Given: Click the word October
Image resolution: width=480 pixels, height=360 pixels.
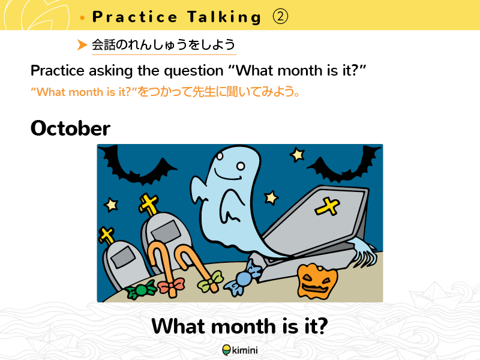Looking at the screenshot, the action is pyautogui.click(x=70, y=128).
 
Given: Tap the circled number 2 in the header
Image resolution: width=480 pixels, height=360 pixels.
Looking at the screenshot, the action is pyautogui.click(x=280, y=17).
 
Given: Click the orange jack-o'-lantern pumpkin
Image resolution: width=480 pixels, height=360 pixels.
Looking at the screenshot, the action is pyautogui.click(x=317, y=281).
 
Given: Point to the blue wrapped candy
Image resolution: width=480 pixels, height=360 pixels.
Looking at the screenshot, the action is pyautogui.click(x=243, y=278).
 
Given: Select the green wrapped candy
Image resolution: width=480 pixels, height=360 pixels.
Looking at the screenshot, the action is pyautogui.click(x=141, y=290).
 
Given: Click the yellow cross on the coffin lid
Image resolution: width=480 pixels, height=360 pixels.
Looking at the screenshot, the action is pyautogui.click(x=327, y=206).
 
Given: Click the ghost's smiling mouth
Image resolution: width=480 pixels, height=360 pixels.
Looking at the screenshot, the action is pyautogui.click(x=227, y=176).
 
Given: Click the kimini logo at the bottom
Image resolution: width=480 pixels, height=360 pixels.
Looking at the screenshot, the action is pyautogui.click(x=240, y=350).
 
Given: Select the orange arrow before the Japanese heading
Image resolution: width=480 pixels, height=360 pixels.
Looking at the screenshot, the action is pyautogui.click(x=82, y=44).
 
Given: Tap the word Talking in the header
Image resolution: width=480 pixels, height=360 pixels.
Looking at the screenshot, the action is pyautogui.click(x=224, y=17).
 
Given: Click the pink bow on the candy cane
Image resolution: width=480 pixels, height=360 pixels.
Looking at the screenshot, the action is pyautogui.click(x=172, y=286).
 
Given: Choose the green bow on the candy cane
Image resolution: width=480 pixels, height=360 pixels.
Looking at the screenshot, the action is pyautogui.click(x=211, y=280).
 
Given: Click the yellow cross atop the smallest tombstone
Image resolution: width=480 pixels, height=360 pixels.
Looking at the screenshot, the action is pyautogui.click(x=106, y=235).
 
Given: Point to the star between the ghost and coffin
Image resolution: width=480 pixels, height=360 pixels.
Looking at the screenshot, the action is pyautogui.click(x=271, y=197).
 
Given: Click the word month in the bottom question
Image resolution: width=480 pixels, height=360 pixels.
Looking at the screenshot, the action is pyautogui.click(x=244, y=326).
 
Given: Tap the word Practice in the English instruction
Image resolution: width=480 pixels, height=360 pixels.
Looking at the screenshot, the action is pyautogui.click(x=57, y=71).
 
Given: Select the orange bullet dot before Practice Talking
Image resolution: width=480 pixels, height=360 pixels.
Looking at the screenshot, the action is pyautogui.click(x=82, y=18).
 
